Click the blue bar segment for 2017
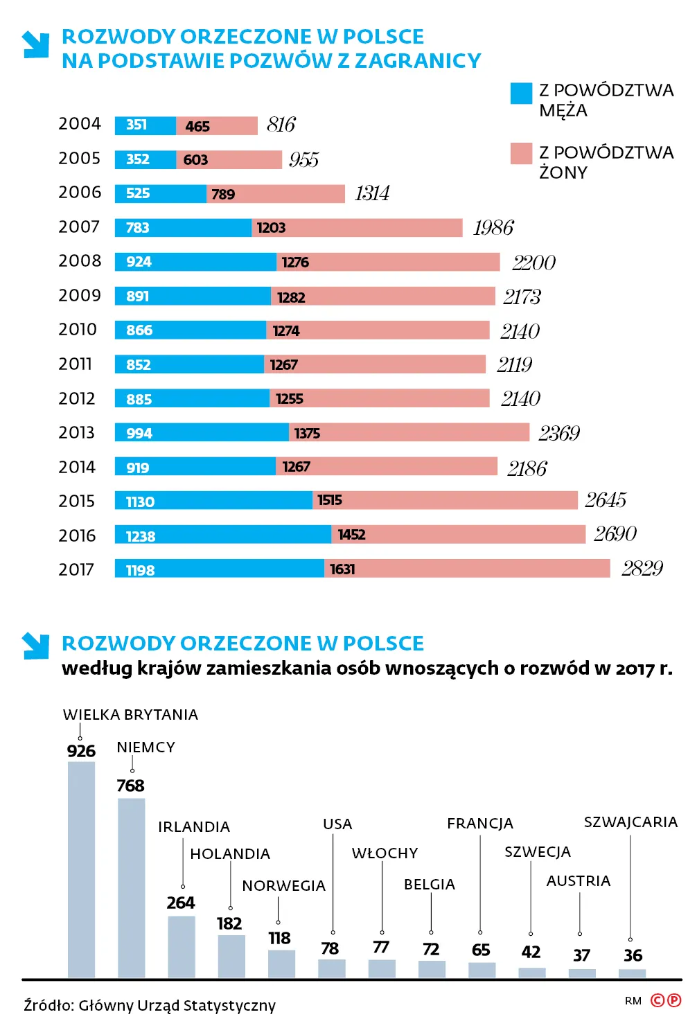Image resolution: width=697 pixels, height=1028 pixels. pyautogui.click(x=220, y=569)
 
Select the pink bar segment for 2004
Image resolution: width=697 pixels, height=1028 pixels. pyautogui.click(x=217, y=125)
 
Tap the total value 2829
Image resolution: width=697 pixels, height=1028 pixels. pyautogui.click(x=642, y=569)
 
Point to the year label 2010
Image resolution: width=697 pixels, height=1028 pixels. pyautogui.click(x=78, y=330)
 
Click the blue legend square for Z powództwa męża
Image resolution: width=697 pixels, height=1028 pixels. pyautogui.click(x=521, y=94)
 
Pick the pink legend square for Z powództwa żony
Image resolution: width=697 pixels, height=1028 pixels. pyautogui.click(x=521, y=154)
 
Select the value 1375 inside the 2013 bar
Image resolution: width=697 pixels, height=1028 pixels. pyautogui.click(x=307, y=434)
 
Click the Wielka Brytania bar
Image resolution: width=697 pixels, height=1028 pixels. pyautogui.click(x=81, y=869)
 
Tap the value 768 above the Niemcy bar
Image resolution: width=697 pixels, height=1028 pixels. pyautogui.click(x=130, y=786)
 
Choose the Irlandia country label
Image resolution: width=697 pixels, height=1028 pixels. pyautogui.click(x=194, y=827)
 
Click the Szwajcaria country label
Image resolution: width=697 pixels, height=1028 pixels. pyautogui.click(x=630, y=822)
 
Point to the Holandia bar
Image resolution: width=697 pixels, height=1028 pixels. pyautogui.click(x=231, y=956)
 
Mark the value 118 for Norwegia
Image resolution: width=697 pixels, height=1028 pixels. pyautogui.click(x=279, y=938)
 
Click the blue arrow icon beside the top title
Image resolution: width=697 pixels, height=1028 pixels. pyautogui.click(x=35, y=44)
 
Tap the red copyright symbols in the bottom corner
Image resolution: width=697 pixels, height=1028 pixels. pyautogui.click(x=666, y=1000)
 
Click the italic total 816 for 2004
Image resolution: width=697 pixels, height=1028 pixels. pyautogui.click(x=281, y=125)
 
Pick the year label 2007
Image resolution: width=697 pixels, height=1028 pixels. pyautogui.click(x=79, y=227)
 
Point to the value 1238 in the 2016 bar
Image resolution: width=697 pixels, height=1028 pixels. pyautogui.click(x=141, y=536)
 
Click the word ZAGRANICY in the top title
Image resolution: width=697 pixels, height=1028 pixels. pyautogui.click(x=418, y=61)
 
